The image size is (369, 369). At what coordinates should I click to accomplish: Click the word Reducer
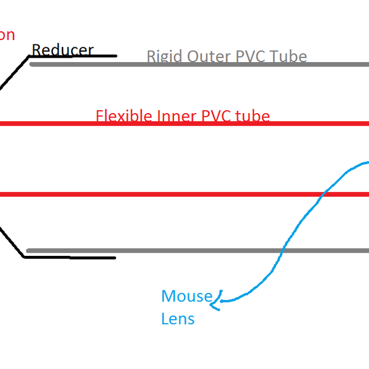[62, 50]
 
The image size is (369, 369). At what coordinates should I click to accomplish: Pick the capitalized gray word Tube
[290, 57]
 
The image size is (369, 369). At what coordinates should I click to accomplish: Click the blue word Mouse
[186, 296]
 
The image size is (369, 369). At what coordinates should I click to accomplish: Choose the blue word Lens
[178, 319]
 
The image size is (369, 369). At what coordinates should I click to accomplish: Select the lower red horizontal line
[154, 195]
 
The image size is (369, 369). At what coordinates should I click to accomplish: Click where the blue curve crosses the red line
[323, 195]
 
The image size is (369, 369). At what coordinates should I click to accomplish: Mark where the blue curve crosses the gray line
[284, 251]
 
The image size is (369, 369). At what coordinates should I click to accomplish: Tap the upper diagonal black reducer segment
[14, 73]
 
